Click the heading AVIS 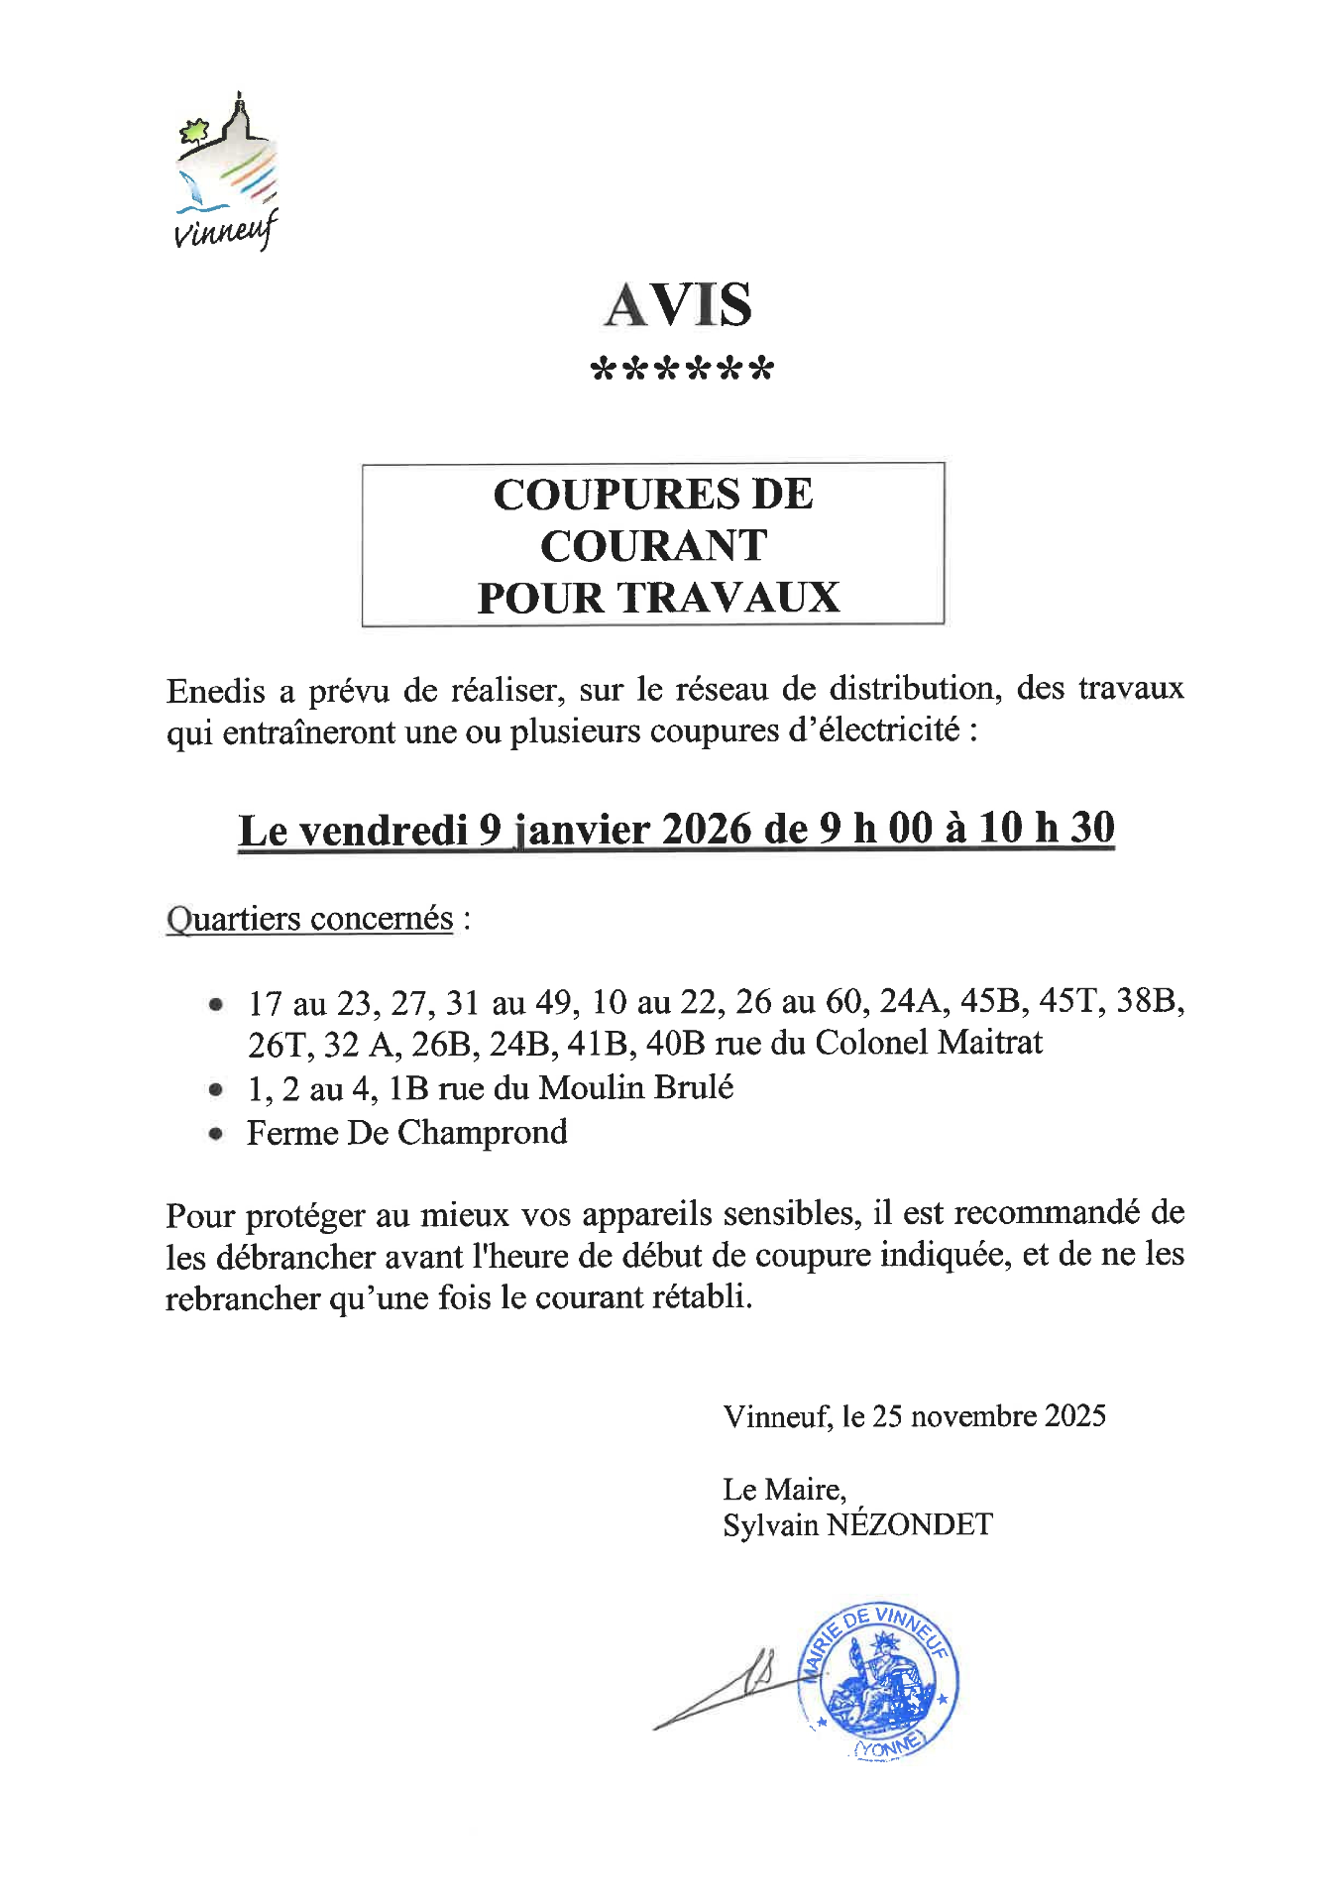tap(679, 304)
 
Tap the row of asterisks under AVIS tap(681, 371)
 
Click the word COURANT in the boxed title tap(653, 545)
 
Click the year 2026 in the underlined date tap(706, 829)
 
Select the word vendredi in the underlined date tap(383, 830)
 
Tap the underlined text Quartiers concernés tap(309, 918)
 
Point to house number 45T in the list tap(1071, 1001)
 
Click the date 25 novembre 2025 tap(988, 1415)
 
